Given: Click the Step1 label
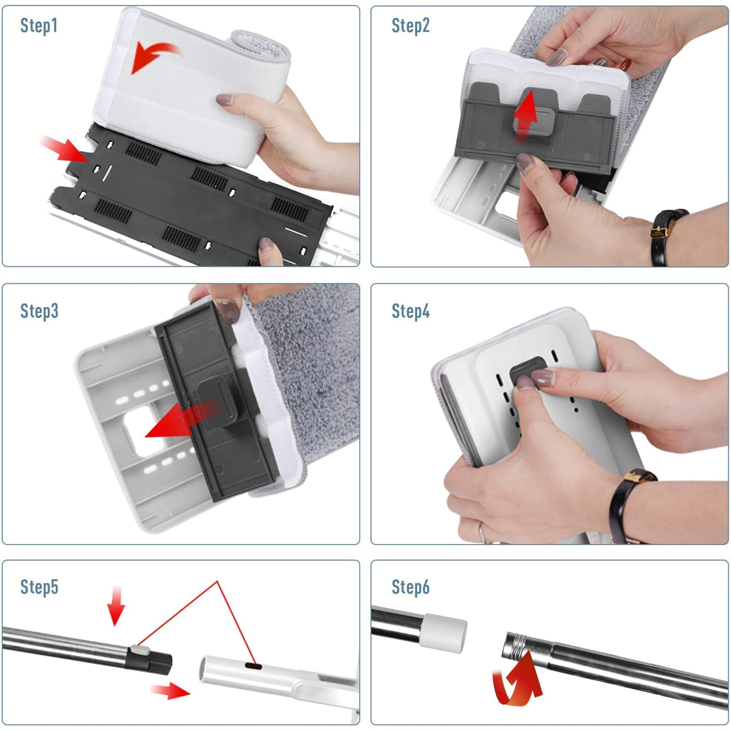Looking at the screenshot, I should point(39,26).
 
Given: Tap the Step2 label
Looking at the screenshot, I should point(410,26).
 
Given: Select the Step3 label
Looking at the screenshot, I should point(39,311).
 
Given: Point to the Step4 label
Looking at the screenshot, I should point(410,311).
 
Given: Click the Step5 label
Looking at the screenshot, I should point(39,587).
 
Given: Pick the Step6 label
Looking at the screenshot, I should point(410,587).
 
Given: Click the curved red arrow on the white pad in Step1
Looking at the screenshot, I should point(151,56).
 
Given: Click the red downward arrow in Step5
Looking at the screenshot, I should point(116,606).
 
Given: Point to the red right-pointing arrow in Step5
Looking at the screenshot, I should point(170,691).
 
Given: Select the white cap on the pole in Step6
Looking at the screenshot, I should point(444,632).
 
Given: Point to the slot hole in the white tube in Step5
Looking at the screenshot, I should point(254,666).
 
